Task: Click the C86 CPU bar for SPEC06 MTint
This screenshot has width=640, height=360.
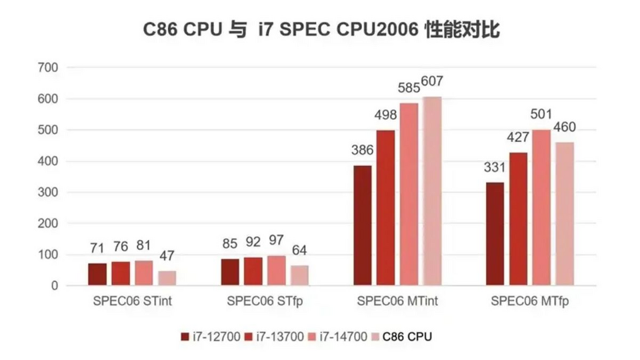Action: pos(431,191)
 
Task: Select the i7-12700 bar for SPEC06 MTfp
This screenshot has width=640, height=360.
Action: pos(495,234)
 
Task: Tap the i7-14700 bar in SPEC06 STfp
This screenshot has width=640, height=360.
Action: pos(276,271)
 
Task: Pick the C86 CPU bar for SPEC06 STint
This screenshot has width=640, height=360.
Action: pos(167,278)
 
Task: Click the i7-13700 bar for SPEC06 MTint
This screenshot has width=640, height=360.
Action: pos(385,208)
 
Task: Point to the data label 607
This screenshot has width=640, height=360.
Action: pos(431,82)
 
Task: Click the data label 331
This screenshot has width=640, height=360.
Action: pos(495,167)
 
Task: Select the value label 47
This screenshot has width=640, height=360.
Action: pos(167,256)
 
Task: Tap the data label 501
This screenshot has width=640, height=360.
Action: pos(541,115)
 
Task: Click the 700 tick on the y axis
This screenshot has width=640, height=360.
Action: pos(50,67)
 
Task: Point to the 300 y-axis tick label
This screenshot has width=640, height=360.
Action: pos(50,193)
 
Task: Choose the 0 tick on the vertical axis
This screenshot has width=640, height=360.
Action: pos(56,286)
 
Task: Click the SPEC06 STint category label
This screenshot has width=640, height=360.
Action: pos(132,301)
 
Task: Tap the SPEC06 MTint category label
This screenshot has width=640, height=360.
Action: pos(397,301)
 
